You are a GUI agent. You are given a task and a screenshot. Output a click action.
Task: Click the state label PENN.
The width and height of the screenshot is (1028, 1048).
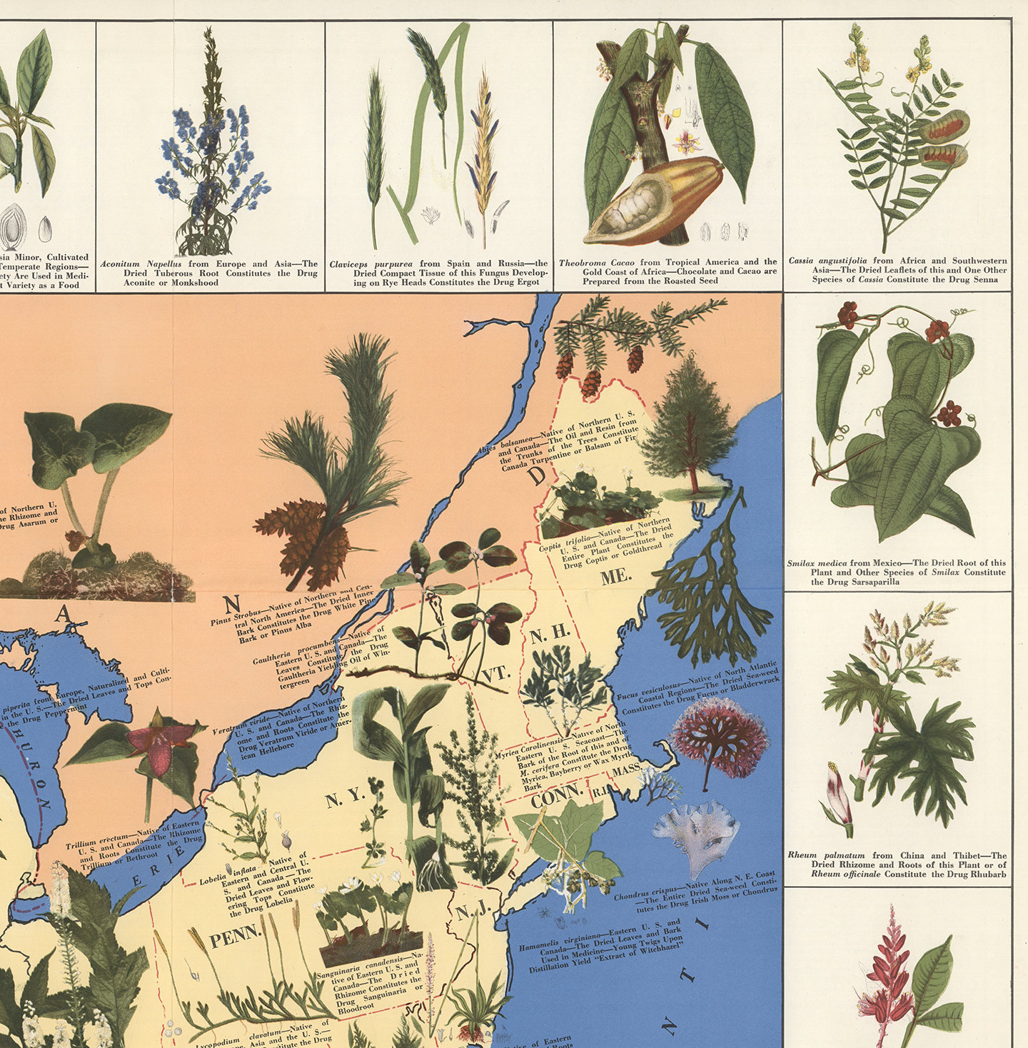[236, 936]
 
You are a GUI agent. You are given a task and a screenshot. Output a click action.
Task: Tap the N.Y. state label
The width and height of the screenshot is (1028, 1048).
[346, 799]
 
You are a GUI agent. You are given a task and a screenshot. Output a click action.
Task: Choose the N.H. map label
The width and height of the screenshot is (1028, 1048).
[550, 633]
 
